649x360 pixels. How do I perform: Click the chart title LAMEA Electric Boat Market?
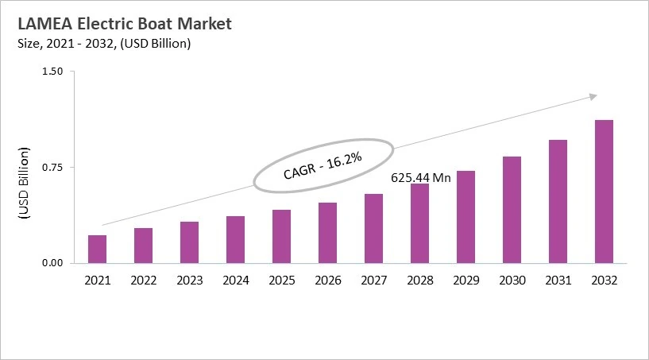(x=118, y=24)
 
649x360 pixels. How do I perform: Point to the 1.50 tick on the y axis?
(x=52, y=72)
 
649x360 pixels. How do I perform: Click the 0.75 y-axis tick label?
(x=52, y=167)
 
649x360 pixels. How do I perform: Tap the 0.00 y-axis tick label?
(x=52, y=263)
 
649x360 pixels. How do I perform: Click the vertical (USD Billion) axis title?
(x=23, y=183)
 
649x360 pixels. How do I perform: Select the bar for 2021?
(x=97, y=249)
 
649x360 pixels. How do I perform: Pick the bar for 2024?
(x=235, y=239)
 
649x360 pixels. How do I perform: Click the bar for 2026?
(x=327, y=233)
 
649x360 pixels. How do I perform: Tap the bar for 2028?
(x=419, y=223)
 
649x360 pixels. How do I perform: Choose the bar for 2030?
(x=512, y=210)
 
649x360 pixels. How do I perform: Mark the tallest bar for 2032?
(x=604, y=192)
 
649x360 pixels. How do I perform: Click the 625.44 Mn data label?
(x=421, y=177)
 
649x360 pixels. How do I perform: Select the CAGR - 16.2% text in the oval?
(x=323, y=166)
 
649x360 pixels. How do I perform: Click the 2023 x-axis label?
(x=189, y=281)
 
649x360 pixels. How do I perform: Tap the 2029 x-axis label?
(x=466, y=281)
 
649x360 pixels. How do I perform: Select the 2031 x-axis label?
(x=558, y=281)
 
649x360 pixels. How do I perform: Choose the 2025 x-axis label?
(x=281, y=281)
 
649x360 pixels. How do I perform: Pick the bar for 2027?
(x=373, y=228)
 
